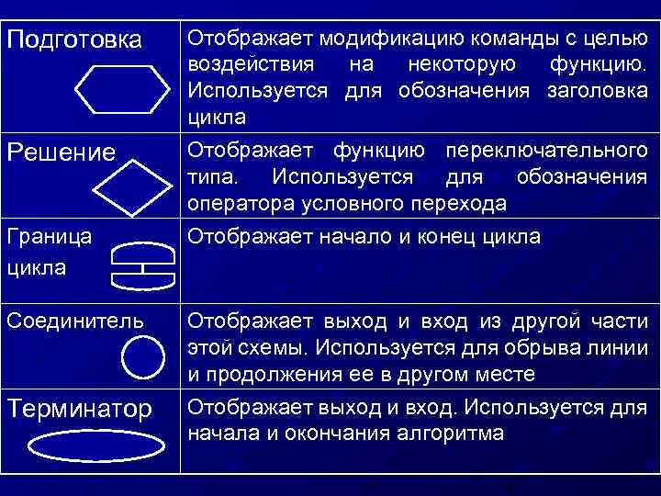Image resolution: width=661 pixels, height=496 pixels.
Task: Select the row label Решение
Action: click(62, 152)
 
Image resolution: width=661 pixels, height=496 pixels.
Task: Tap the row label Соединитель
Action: click(75, 321)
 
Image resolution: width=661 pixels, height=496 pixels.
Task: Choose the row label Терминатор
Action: click(80, 409)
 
